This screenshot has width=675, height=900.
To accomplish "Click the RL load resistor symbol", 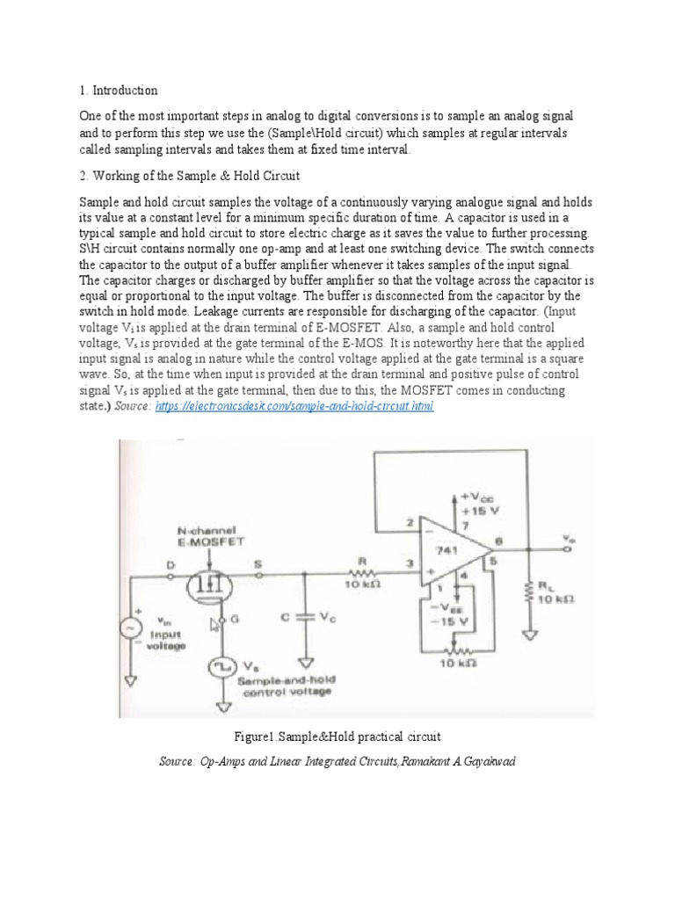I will (x=529, y=592).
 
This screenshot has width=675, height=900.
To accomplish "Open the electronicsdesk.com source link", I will (x=294, y=407).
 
